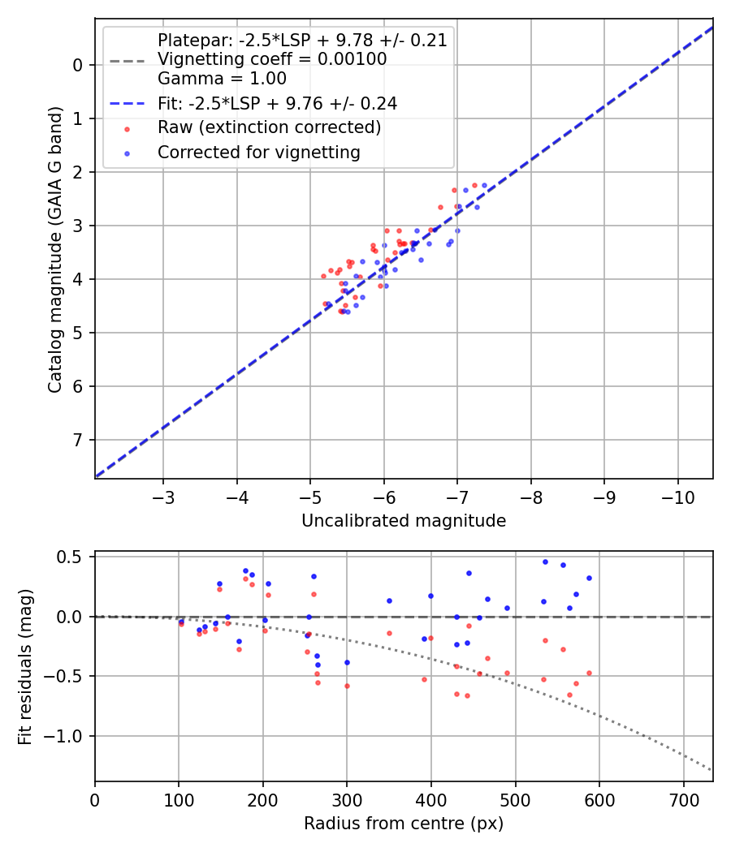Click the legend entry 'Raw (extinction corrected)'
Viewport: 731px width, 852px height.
pos(269,127)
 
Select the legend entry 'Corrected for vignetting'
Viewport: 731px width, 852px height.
pos(258,152)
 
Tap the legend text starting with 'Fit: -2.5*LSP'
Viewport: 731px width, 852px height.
pos(277,103)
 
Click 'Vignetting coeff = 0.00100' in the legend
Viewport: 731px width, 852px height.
pos(272,59)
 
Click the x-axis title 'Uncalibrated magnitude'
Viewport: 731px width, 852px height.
pos(404,521)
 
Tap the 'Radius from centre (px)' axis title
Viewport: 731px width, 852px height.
pos(404,824)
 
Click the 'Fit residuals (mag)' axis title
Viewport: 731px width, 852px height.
pos(25,666)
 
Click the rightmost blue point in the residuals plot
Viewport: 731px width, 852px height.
pos(589,579)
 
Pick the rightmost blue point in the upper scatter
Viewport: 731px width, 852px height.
pos(484,185)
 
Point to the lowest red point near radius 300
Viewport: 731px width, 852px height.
pos(347,686)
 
